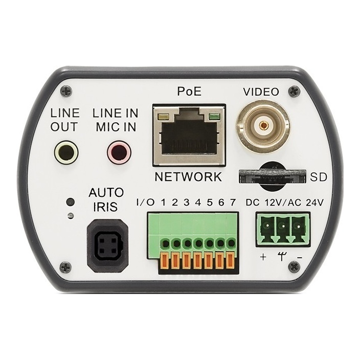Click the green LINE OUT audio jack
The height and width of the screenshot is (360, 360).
pyautogui.click(x=66, y=152)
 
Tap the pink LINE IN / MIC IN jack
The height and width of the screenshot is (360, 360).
pyautogui.click(x=119, y=152)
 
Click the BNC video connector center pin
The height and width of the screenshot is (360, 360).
pyautogui.click(x=263, y=125)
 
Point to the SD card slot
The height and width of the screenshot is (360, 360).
pyautogui.click(x=272, y=176)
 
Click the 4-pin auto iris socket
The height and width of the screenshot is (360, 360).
pyautogui.click(x=107, y=245)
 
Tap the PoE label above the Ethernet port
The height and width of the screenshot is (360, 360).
pyautogui.click(x=189, y=91)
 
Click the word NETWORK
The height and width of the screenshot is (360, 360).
pyautogui.click(x=188, y=177)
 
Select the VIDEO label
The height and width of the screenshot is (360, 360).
pyautogui.click(x=261, y=92)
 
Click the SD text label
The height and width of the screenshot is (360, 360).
pyautogui.click(x=318, y=177)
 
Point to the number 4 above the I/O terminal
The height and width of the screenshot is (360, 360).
pyautogui.click(x=198, y=202)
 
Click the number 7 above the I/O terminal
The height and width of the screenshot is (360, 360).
pyautogui.click(x=233, y=202)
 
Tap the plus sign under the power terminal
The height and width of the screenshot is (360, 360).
pyautogui.click(x=263, y=257)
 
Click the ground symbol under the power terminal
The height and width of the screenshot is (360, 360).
pyautogui.click(x=281, y=256)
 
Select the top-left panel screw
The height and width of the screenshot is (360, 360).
pyautogui.click(x=66, y=91)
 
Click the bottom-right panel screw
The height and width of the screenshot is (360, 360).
pyautogui.click(x=294, y=267)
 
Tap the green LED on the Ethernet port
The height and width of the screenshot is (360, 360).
pyautogui.click(x=214, y=117)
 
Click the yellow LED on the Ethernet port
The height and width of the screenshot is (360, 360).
pyautogui.click(x=164, y=117)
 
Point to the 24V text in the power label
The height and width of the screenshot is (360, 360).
pyautogui.click(x=315, y=202)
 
